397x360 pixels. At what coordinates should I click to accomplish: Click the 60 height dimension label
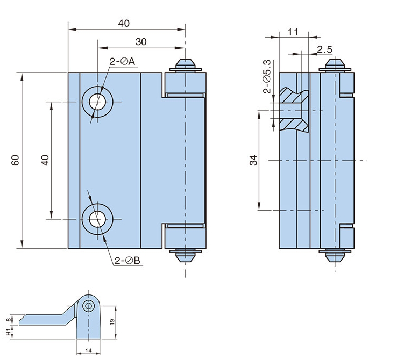(x=15, y=160)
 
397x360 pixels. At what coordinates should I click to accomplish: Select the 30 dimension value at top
(x=141, y=42)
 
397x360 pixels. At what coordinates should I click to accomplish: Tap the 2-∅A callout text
(x=122, y=61)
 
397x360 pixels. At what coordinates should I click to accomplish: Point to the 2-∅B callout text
(x=127, y=261)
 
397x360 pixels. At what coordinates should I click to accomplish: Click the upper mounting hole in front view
(x=97, y=102)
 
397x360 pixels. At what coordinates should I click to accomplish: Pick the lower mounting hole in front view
(x=97, y=219)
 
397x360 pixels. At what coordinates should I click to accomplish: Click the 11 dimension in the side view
(x=293, y=32)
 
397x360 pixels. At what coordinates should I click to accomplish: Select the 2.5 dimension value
(x=324, y=49)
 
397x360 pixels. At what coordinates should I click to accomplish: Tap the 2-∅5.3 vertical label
(x=267, y=77)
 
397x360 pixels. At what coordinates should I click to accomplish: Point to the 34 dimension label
(x=253, y=160)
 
